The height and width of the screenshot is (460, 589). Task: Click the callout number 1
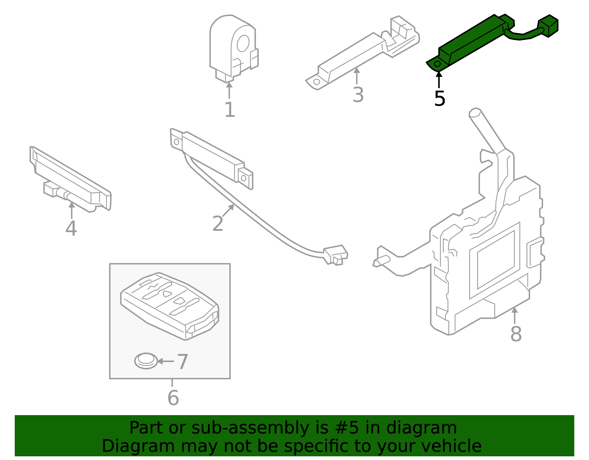[230, 110]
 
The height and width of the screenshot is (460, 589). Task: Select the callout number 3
[358, 95]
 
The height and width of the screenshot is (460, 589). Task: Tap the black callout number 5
[440, 98]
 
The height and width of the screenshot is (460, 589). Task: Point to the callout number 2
[218, 224]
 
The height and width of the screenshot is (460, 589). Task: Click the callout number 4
[71, 228]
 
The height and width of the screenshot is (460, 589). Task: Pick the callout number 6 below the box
[173, 398]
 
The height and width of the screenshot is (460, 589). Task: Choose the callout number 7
[183, 362]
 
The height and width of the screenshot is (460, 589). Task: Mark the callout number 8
[516, 334]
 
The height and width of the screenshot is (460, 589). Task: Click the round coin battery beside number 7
[146, 361]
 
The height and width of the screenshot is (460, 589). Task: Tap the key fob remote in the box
[169, 306]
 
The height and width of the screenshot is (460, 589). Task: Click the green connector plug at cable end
[549, 26]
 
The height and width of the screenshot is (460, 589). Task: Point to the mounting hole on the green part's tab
[437, 64]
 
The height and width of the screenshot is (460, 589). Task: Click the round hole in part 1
[243, 43]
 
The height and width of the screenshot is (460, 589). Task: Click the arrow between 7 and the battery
[166, 361]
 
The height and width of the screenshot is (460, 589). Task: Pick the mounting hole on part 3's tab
[316, 82]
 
